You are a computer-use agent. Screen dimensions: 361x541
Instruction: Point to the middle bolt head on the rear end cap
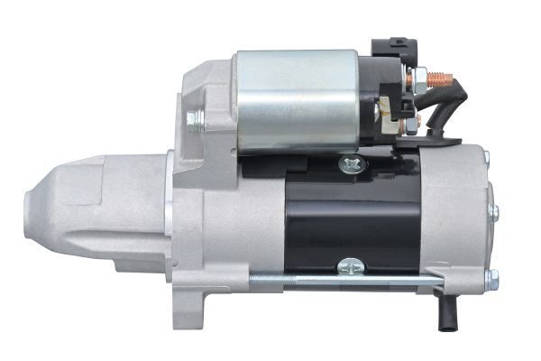point(492,213)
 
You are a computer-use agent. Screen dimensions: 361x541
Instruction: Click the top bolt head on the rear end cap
point(486,159)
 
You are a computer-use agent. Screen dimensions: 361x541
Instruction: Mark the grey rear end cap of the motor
point(464,217)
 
